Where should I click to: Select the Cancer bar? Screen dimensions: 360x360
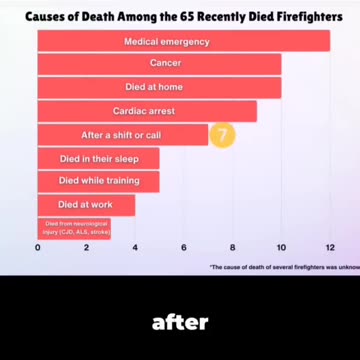(159, 64)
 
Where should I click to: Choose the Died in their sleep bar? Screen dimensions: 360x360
(98, 158)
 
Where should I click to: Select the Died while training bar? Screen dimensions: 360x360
(98, 181)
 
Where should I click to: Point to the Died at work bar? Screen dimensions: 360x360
(86, 204)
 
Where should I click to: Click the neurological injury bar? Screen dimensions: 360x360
(74, 228)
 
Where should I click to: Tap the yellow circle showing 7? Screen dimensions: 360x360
(223, 134)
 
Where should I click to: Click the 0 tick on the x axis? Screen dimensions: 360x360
(38, 247)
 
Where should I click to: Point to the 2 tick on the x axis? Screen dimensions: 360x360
(87, 247)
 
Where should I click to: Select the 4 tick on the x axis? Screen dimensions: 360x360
(135, 247)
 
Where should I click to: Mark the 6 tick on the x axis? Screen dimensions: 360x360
(184, 247)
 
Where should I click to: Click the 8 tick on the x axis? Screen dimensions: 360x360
(232, 247)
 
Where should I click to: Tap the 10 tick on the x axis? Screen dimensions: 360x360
(281, 247)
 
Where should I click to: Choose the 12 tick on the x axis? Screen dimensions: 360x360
(329, 247)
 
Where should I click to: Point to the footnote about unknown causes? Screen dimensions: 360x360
(284, 267)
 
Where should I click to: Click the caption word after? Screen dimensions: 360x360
(180, 322)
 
